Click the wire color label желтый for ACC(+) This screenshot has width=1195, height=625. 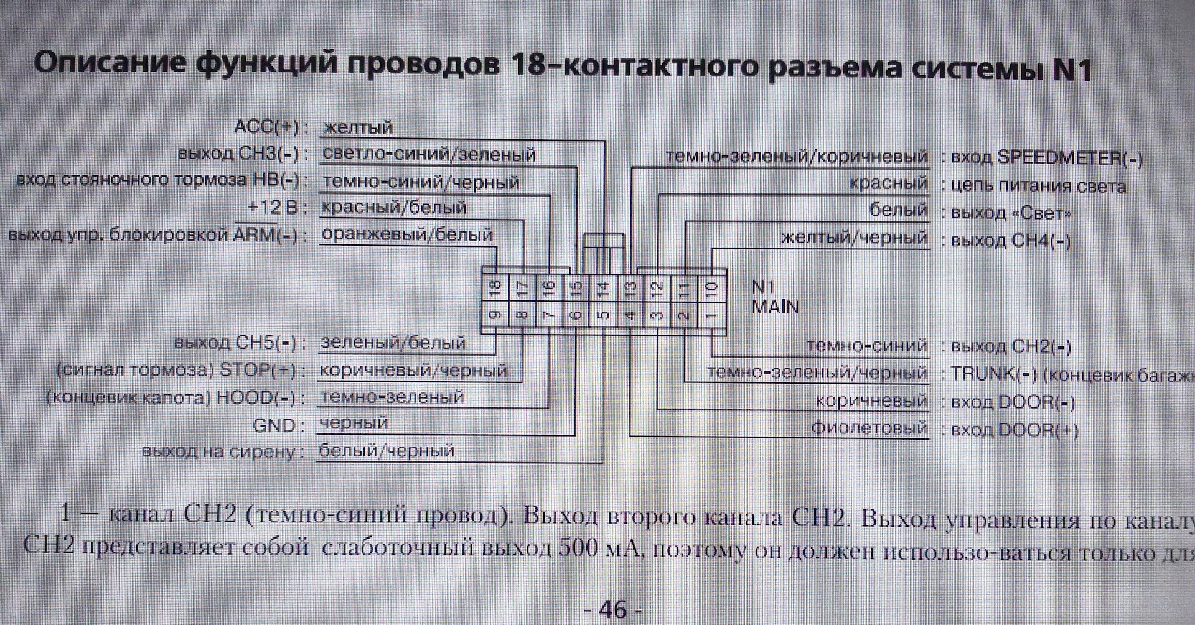358,127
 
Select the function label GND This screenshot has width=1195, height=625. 274,425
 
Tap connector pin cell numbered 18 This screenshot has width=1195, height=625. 495,287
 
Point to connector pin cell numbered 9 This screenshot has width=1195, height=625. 495,315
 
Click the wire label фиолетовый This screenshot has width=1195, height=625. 869,428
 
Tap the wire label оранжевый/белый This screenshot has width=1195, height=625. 407,234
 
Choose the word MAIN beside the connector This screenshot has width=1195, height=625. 775,307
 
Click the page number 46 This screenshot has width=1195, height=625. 612,609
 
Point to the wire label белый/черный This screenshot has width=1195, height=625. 387,450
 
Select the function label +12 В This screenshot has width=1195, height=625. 273,207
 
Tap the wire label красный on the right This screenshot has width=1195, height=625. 889,183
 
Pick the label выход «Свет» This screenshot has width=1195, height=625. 1011,213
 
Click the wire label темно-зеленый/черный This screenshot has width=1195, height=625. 817,373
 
